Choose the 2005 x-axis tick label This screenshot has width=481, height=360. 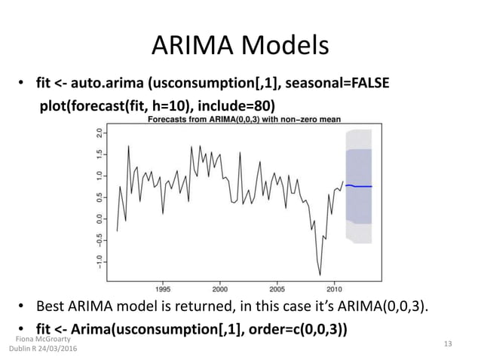point(277,287)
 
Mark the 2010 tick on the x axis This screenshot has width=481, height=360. point(334,287)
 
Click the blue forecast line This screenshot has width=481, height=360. point(360,186)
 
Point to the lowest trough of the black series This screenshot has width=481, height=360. point(320,274)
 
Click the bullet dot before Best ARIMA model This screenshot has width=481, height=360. point(23,307)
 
